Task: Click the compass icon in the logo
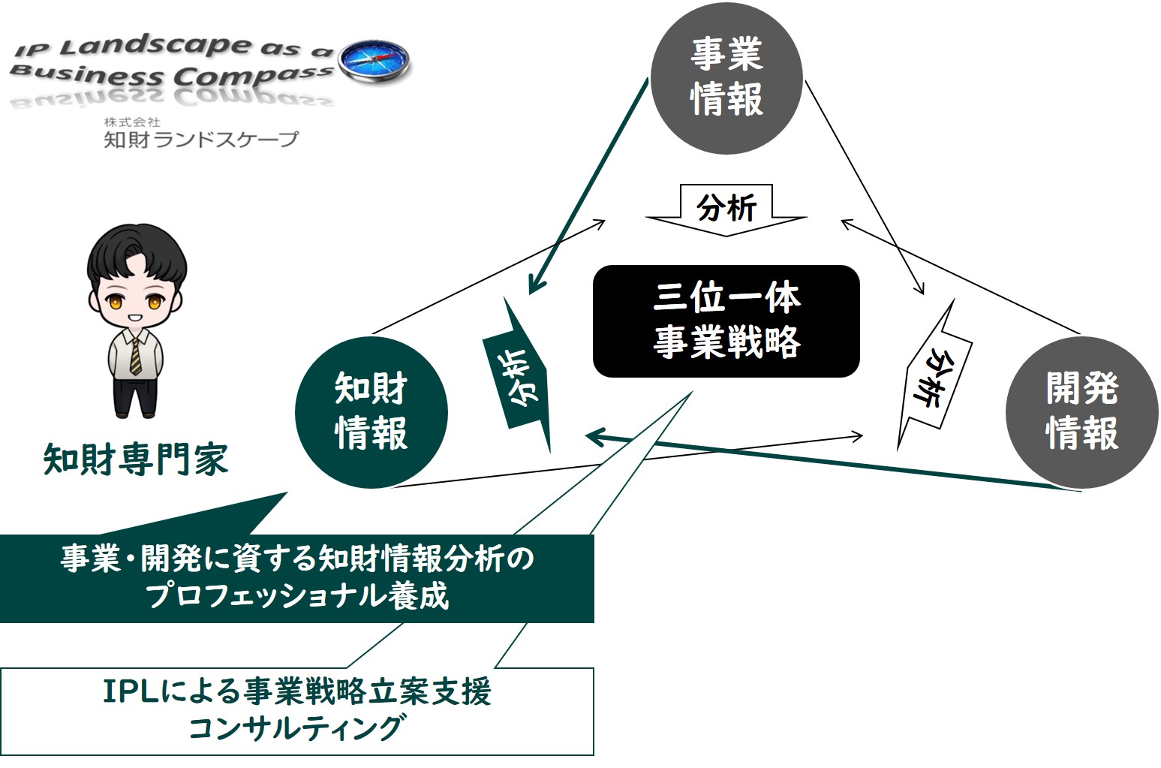pos(373,61)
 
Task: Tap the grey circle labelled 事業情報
pos(726,78)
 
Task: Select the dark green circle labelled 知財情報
pos(371,412)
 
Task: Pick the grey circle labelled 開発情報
pos(1081,412)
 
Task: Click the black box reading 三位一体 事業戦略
pos(726,321)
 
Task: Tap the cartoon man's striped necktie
pos(135,357)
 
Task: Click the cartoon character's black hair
pos(137,254)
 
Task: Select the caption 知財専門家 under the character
pos(136,459)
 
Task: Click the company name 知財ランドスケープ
pos(201,139)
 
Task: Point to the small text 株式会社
pos(132,122)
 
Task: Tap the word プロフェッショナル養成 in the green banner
pos(296,595)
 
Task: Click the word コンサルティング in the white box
pos(296,728)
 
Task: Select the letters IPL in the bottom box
pos(131,691)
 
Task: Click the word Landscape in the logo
pos(155,47)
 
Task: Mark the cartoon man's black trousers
pos(135,393)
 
